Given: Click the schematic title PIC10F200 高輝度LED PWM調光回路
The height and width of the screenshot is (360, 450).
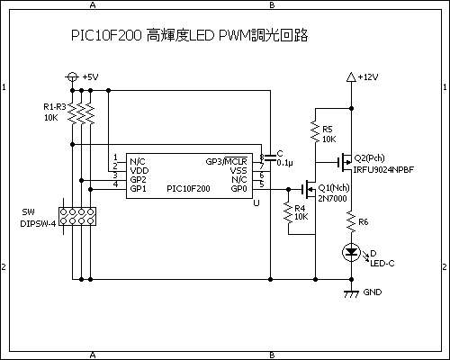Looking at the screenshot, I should (189, 36).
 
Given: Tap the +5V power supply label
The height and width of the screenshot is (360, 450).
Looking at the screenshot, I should (90, 77).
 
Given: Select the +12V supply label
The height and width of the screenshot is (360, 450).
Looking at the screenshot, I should (368, 77).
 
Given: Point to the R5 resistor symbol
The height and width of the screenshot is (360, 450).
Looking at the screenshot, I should (313, 134).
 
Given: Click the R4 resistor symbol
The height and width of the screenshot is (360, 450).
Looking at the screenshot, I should (288, 211).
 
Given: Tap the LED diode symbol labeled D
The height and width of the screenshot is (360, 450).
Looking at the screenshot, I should (352, 254).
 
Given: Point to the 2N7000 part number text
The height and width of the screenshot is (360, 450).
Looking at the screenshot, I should (332, 198).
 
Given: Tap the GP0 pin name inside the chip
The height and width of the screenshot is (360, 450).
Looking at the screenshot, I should (238, 189).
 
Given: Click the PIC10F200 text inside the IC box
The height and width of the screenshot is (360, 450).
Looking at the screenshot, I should (188, 189).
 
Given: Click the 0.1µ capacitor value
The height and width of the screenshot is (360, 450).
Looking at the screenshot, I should (285, 163).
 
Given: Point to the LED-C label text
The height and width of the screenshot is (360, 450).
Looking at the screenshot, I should (382, 264).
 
